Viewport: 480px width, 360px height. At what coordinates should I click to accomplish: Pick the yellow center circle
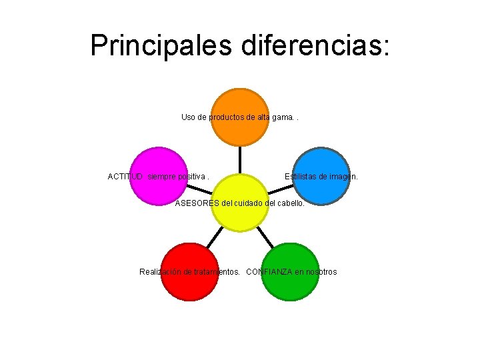point(240,203)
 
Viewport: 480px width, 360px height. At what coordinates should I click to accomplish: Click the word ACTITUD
point(125,177)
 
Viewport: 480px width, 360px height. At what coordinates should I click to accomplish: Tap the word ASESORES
point(195,203)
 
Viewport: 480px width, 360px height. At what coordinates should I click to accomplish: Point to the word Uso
point(188,117)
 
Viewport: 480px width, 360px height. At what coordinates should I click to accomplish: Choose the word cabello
point(290,203)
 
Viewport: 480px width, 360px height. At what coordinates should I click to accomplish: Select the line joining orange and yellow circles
point(240,160)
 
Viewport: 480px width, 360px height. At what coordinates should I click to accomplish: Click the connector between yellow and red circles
point(215,236)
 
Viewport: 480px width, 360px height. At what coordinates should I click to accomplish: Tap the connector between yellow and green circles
point(265,236)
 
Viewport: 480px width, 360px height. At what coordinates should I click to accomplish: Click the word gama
point(282,117)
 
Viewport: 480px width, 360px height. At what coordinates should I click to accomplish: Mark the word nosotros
point(321,272)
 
